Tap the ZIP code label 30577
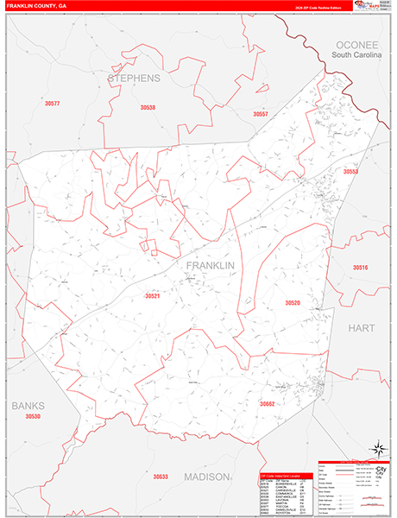[x=53, y=104]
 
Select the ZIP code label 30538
[x=148, y=108]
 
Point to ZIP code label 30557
[x=261, y=113]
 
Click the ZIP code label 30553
[x=350, y=172]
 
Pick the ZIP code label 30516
[x=360, y=268]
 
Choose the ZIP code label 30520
[x=293, y=303]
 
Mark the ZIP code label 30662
[x=267, y=403]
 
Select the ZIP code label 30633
[x=161, y=477]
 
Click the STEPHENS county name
[x=135, y=79]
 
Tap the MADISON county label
[x=206, y=477]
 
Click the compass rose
[x=377, y=448]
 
